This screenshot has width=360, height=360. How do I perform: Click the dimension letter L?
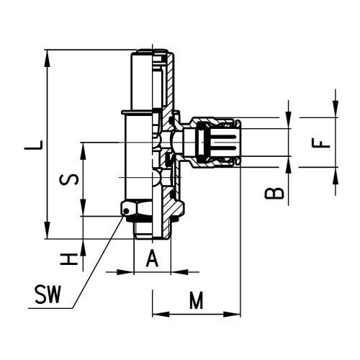point(34,145)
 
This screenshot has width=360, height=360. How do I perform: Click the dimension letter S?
point(69,179)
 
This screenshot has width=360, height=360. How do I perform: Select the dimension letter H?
point(69,260)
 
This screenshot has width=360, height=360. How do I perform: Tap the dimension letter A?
point(152,258)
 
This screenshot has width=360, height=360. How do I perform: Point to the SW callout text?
point(48,294)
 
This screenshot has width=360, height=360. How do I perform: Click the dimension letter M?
point(197,300)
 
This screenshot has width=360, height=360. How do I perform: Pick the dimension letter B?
point(274,193)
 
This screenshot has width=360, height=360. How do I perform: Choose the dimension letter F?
point(321,143)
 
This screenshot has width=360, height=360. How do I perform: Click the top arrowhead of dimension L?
point(48,58)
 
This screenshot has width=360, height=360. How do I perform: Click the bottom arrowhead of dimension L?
point(48,230)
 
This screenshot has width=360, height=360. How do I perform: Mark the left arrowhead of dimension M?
point(161,314)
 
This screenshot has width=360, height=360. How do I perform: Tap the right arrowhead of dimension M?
point(232,314)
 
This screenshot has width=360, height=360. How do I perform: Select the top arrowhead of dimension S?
point(83,151)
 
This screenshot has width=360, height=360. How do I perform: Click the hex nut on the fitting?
point(136,209)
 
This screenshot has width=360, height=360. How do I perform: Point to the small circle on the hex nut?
point(126,211)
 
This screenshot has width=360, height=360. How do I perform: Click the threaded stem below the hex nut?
point(143,230)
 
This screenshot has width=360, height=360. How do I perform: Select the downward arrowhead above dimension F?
point(336,109)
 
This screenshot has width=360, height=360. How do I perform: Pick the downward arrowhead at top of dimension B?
point(289,120)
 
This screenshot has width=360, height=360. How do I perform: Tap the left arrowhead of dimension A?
point(125,272)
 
